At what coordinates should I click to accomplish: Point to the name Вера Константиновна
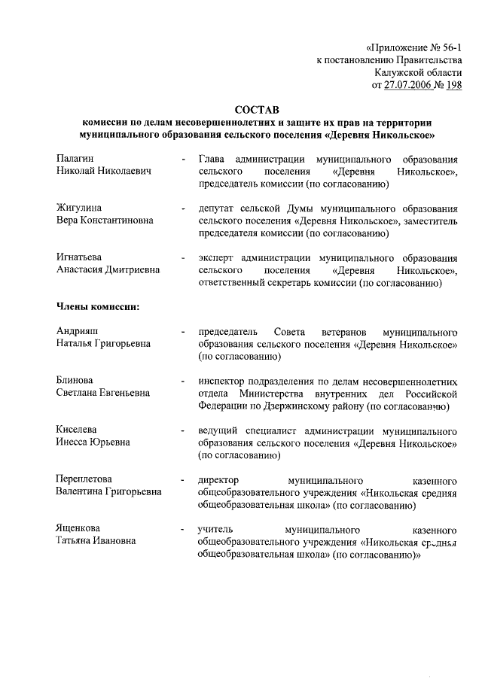coord(105,220)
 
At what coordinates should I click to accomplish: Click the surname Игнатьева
coord(81,257)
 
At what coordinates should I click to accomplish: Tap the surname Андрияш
coord(78,331)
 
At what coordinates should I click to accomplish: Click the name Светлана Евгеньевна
coord(102,393)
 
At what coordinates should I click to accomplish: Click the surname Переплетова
coord(84,479)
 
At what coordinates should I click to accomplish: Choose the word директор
coord(218,479)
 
